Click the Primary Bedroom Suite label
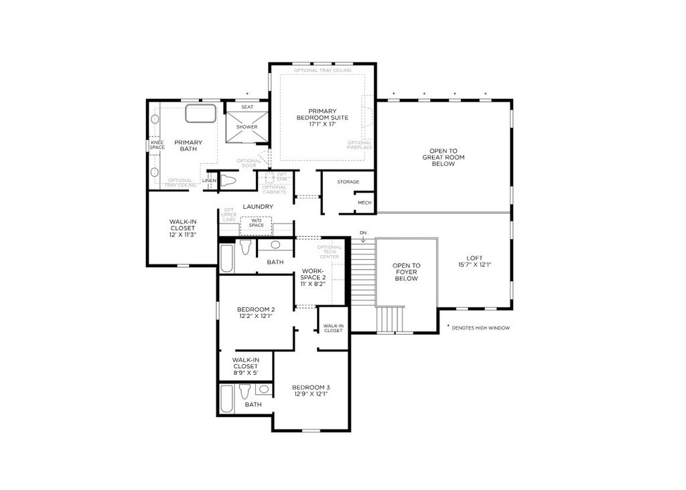(x=322, y=117)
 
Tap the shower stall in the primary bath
(x=247, y=127)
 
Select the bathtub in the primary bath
(x=201, y=114)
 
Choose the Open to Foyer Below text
(x=407, y=272)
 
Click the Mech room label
(x=364, y=203)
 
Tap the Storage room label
(x=348, y=182)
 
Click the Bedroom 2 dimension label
(x=255, y=313)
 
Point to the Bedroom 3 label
(x=311, y=390)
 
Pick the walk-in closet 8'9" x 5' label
(x=246, y=366)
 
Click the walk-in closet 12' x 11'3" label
(x=182, y=228)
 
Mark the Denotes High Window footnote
(x=478, y=328)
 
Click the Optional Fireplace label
(x=360, y=145)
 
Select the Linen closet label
(x=209, y=181)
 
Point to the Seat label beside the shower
(x=247, y=107)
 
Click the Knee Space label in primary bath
(x=157, y=145)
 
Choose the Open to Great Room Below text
(x=443, y=157)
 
